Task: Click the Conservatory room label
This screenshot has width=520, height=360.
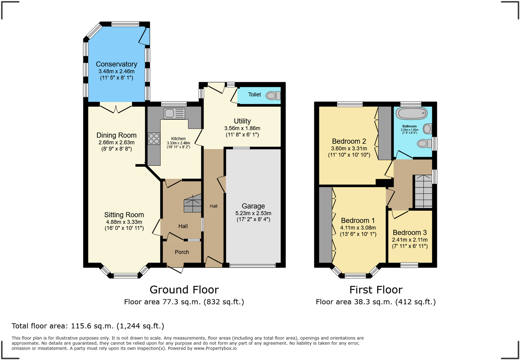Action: coord(116,64)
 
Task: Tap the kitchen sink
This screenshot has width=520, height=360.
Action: coord(174,113)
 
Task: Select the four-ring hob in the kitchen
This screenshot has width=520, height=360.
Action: coord(154,138)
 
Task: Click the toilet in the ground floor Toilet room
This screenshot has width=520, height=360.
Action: coord(273,95)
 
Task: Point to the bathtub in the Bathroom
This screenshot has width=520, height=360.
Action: coord(411,113)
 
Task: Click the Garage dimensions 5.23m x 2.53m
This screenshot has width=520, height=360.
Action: coord(253,213)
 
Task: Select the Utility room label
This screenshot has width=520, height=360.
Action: coord(242,121)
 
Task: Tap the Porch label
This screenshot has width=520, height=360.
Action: coord(182,252)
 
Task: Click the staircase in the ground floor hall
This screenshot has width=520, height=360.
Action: coord(192,203)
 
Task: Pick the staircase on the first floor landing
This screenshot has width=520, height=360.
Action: coord(423,192)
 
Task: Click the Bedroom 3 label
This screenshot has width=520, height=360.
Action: coord(410,233)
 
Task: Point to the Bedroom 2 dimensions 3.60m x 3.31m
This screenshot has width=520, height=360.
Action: coord(349,148)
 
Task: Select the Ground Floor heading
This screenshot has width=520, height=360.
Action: coord(184,290)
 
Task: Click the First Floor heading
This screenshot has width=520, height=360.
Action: coord(376,290)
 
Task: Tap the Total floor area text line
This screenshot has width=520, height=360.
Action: coord(88,326)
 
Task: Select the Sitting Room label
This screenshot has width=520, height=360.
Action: coord(124,215)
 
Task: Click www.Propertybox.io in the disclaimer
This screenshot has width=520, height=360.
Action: coord(215,348)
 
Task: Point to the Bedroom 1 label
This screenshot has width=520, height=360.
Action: coord(358,220)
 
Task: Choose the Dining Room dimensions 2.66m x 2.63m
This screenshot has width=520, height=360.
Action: coord(116,142)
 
